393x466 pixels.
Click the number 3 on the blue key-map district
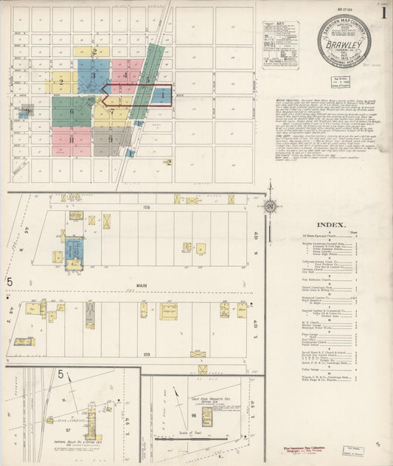tap(93, 75)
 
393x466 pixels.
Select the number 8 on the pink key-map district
tap(72, 139)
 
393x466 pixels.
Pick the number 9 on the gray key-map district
tap(110, 139)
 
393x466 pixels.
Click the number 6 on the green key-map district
tap(72, 112)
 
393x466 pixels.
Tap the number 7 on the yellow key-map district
tap(111, 112)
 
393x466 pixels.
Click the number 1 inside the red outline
tap(161, 95)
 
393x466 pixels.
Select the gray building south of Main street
tap(89, 315)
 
